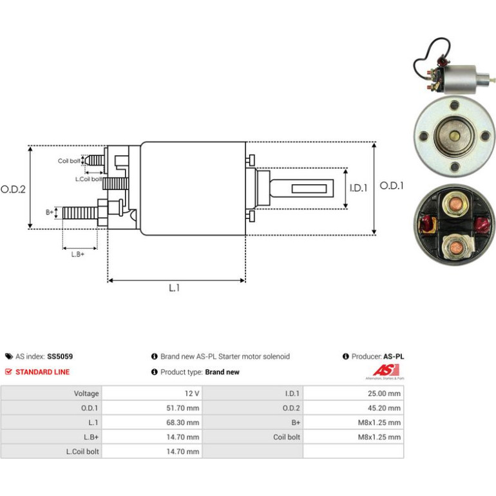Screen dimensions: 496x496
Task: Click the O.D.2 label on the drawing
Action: (13, 189)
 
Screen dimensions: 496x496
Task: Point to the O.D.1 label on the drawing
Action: (392, 186)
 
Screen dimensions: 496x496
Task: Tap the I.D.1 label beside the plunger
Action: (358, 188)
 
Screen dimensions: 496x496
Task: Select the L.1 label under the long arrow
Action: (175, 288)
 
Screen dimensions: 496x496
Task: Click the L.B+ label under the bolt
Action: (78, 254)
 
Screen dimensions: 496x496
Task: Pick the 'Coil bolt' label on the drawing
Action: (69, 161)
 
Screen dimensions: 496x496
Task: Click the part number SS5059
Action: (60, 356)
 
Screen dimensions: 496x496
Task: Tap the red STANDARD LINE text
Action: (43, 372)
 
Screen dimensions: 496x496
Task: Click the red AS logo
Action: (386, 370)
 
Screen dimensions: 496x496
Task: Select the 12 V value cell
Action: (152, 394)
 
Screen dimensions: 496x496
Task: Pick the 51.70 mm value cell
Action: (152, 408)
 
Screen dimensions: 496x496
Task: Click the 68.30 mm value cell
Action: (152, 423)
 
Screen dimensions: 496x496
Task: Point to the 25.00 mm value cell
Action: (354, 394)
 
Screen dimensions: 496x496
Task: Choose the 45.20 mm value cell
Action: (354, 408)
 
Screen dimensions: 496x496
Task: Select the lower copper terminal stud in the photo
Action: (455, 247)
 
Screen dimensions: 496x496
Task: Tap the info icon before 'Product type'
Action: (155, 372)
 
